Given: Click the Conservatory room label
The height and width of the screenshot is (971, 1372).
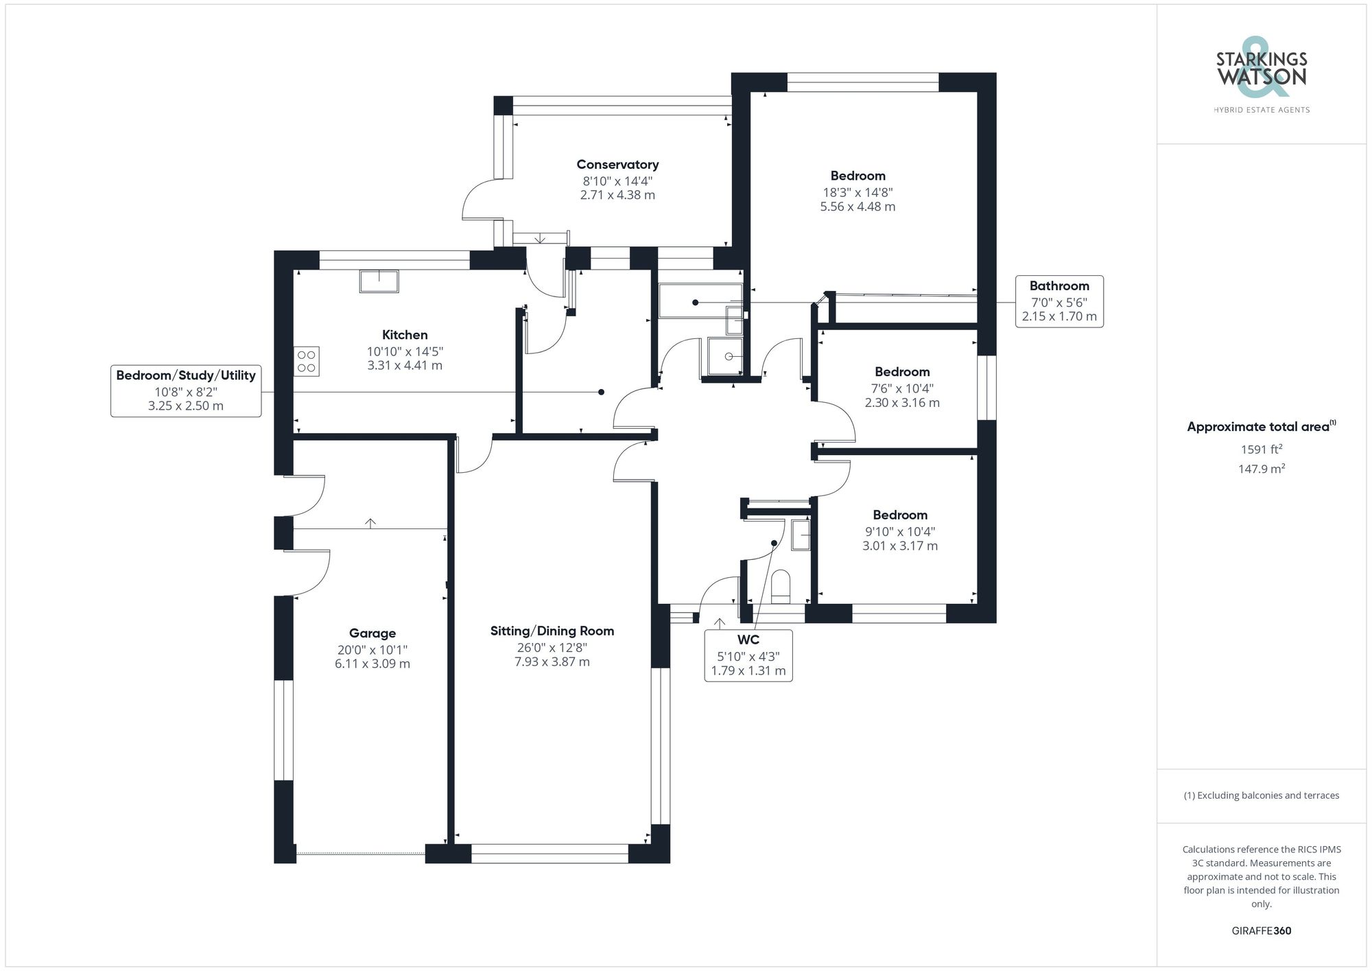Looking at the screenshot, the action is tap(617, 165).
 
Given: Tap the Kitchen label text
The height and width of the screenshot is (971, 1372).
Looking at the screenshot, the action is tap(405, 335).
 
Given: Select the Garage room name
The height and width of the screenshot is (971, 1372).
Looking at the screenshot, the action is tap(372, 633).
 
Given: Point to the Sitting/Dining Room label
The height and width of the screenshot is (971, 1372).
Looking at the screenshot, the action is tap(552, 631).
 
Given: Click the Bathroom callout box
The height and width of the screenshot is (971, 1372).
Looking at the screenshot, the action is tap(1059, 301).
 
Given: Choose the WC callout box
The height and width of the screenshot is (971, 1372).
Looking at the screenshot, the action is tap(748, 655).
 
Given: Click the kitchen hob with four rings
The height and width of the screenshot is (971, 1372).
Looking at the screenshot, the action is tap(307, 361).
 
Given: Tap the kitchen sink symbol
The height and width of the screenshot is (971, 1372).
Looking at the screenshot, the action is tap(379, 281).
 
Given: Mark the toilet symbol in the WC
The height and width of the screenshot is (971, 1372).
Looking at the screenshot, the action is tap(781, 585).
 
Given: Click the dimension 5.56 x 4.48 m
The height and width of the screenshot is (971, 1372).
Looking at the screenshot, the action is tap(858, 207).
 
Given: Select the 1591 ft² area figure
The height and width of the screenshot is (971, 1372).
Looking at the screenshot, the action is tap(1262, 449).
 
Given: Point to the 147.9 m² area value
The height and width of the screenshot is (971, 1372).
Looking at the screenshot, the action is tap(1262, 469).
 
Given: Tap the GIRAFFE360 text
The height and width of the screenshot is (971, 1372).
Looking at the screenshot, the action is tap(1262, 931).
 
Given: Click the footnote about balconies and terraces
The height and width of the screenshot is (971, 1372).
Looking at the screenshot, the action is tap(1262, 796).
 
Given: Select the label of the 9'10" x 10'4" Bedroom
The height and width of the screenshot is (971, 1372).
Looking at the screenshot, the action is tap(900, 515).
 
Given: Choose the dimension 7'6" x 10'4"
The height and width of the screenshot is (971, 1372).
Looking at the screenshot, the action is tap(902, 388).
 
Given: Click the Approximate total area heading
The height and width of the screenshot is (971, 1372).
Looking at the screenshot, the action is tap(1262, 426).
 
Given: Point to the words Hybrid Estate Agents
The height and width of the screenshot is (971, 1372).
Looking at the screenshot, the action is tap(1262, 110).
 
